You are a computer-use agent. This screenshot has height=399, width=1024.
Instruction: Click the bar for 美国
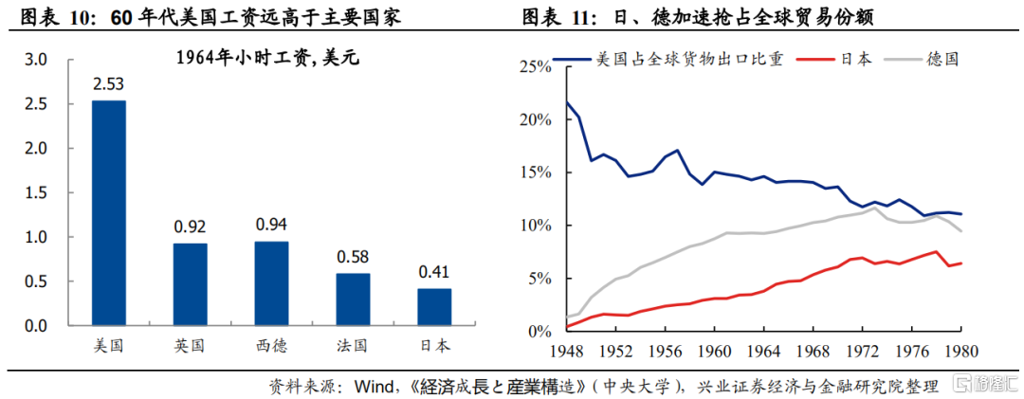pos(108,213)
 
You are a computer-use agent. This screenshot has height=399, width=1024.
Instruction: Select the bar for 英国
pos(190,284)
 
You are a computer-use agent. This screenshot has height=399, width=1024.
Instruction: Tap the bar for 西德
pos(271,283)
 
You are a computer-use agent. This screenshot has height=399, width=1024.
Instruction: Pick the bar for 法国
pos(353,299)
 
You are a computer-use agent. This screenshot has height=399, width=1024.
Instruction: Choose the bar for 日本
pos(434,307)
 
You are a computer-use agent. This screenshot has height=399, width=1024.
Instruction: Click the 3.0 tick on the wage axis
pos(35,60)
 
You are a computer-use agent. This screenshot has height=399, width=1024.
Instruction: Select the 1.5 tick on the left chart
pos(35,192)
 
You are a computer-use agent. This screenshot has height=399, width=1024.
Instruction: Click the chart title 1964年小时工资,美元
pos(268,59)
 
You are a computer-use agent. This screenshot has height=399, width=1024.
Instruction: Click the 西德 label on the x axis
pos(271,345)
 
